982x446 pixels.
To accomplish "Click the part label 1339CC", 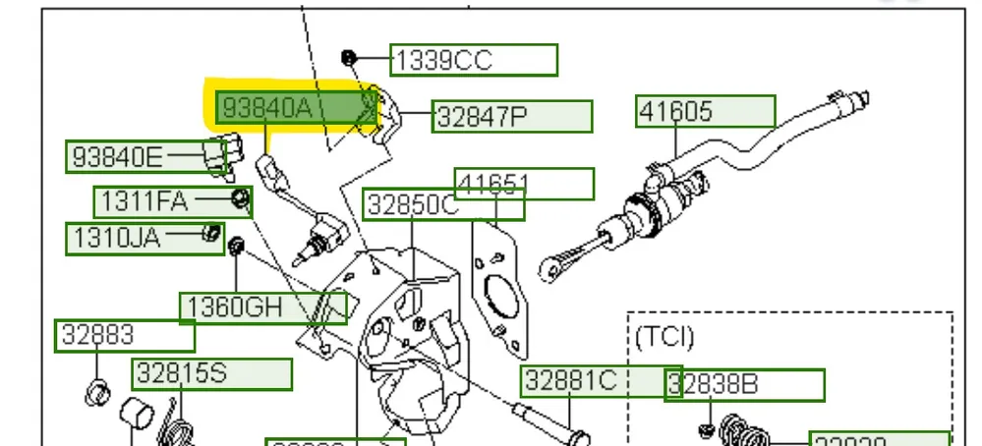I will [473, 61].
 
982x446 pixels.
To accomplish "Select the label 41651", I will [525, 183].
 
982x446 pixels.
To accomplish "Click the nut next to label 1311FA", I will [239, 200].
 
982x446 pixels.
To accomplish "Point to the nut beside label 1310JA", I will [209, 233].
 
